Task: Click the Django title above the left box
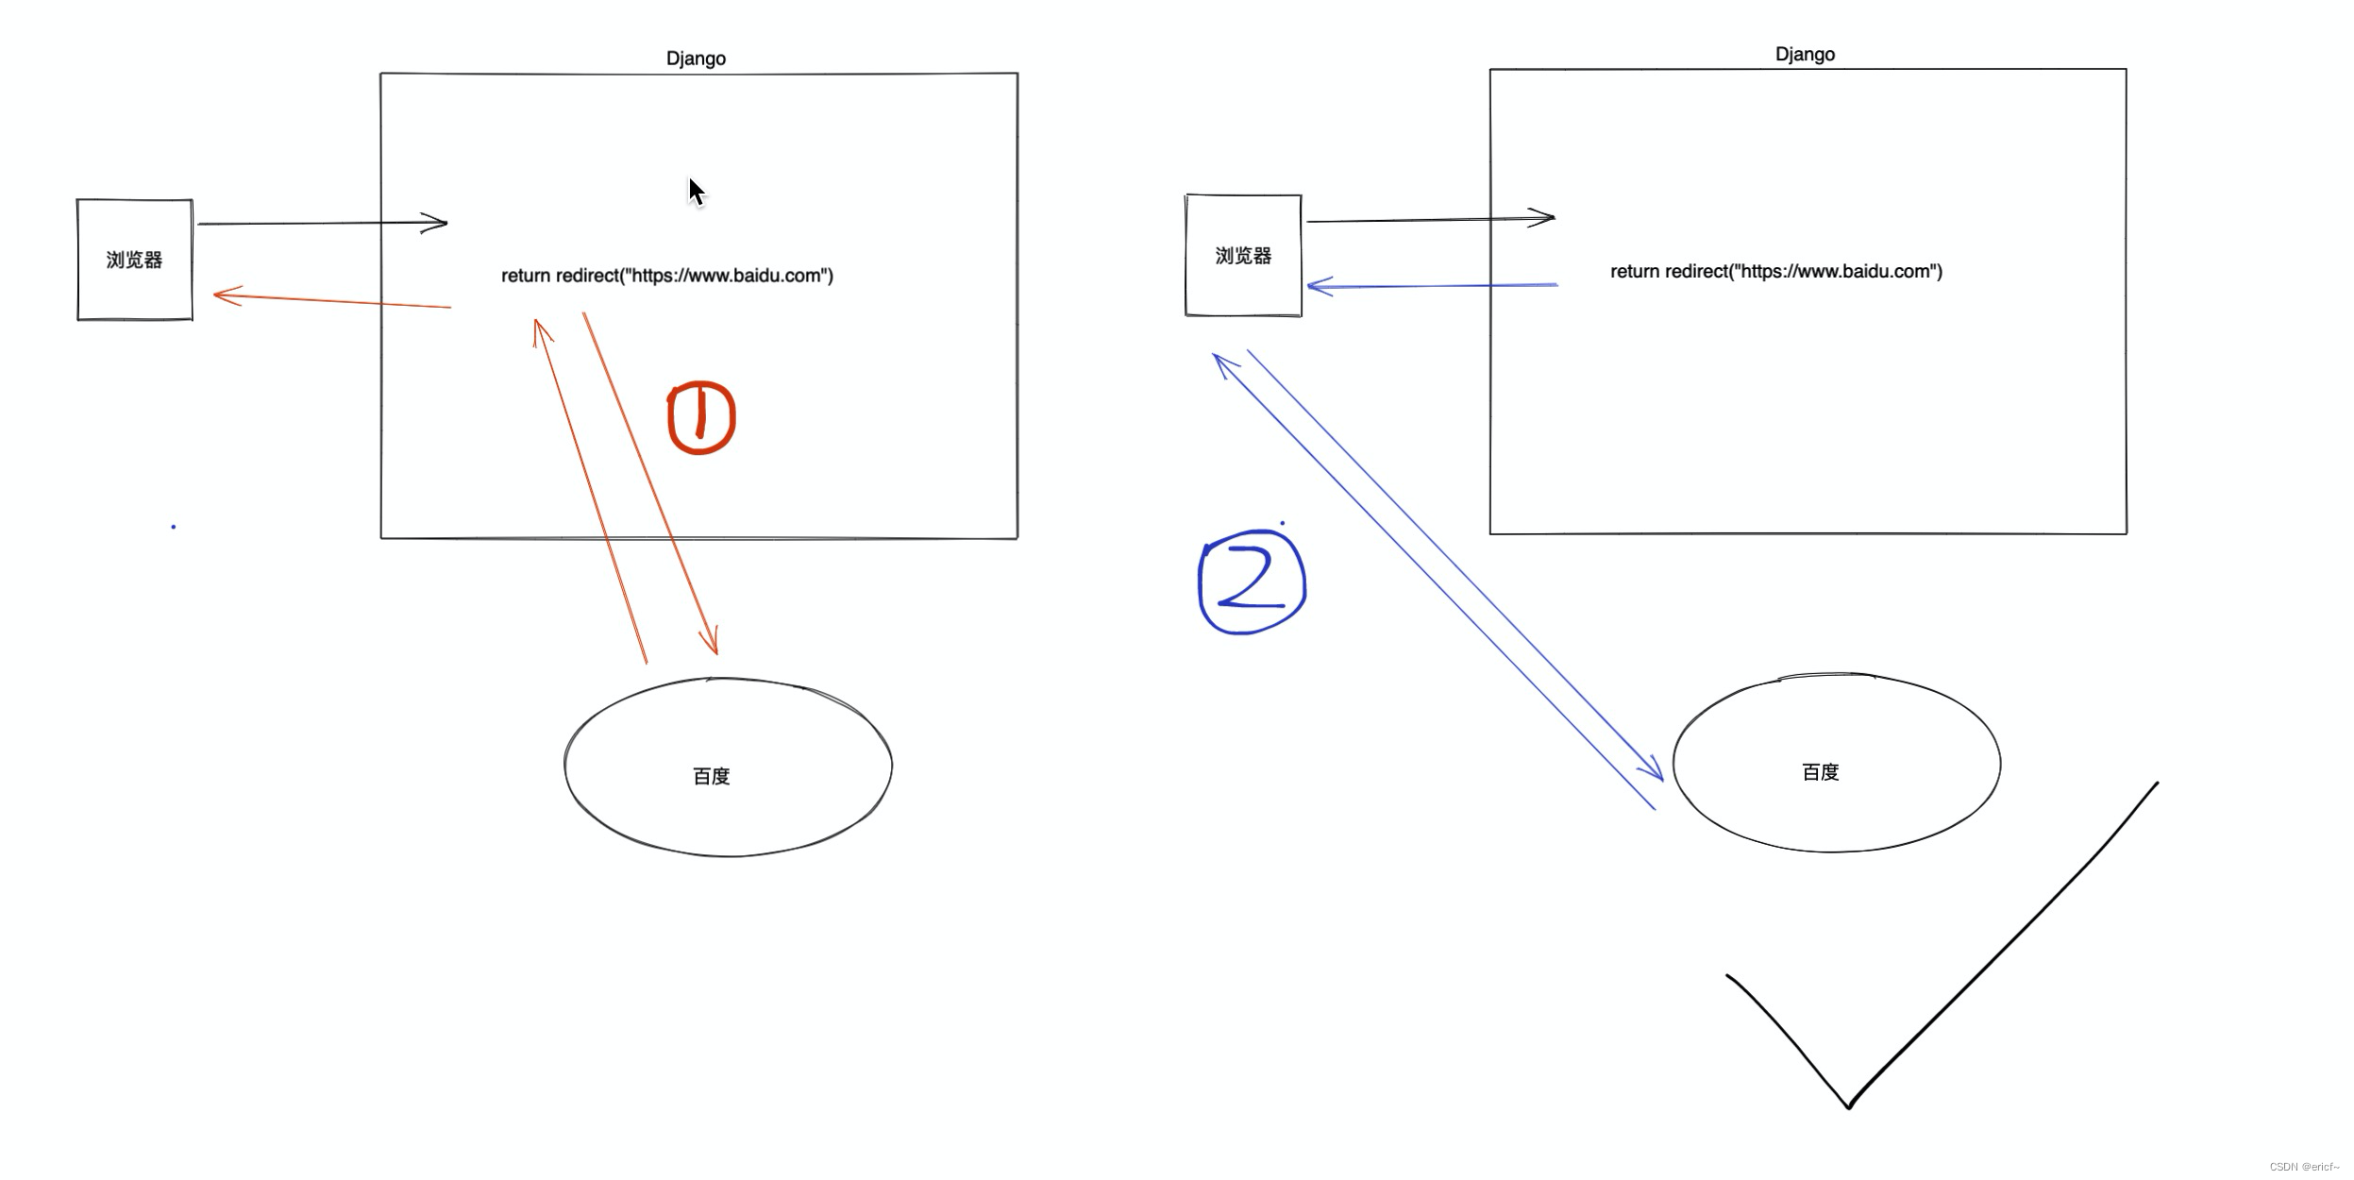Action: [x=696, y=59]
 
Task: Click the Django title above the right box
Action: [x=1805, y=55]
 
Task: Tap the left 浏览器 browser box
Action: [x=135, y=260]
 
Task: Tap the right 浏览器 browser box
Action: [x=1243, y=256]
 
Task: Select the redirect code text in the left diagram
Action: [x=666, y=276]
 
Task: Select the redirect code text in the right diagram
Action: [x=1775, y=272]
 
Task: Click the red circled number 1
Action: [x=701, y=417]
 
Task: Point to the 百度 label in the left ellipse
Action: [x=711, y=776]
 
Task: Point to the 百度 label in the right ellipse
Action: [x=1820, y=772]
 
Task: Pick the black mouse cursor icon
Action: [x=696, y=192]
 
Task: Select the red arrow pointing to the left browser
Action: [x=330, y=301]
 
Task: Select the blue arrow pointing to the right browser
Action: [x=1431, y=285]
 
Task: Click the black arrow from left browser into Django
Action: [x=321, y=224]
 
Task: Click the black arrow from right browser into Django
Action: [x=1429, y=220]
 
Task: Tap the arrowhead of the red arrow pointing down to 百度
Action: [x=713, y=642]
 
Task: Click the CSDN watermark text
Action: [x=2304, y=1167]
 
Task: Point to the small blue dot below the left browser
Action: [x=174, y=527]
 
